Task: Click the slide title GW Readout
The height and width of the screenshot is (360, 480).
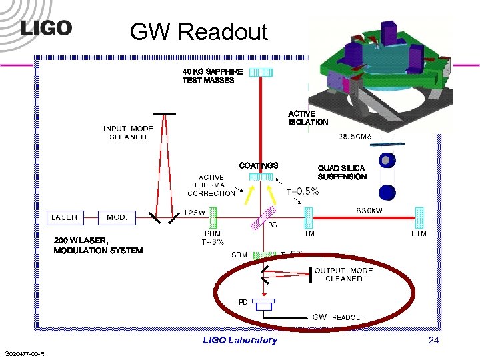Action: click(199, 31)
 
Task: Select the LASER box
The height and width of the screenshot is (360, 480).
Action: click(65, 217)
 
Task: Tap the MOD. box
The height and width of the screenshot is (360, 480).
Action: click(117, 217)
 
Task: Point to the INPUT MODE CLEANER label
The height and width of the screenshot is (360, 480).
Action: click(128, 133)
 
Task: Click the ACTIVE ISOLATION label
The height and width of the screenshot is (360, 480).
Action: click(308, 118)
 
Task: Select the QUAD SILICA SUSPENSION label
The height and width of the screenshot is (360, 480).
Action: click(342, 173)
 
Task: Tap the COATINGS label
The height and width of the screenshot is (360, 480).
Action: click(259, 165)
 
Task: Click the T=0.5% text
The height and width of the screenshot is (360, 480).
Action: click(303, 191)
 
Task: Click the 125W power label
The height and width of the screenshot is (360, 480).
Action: click(194, 212)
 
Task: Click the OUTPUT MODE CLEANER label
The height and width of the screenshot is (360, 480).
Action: click(344, 274)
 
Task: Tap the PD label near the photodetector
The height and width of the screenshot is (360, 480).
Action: click(243, 302)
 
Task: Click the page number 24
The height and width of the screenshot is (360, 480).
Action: click(434, 340)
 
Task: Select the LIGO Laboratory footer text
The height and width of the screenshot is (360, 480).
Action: click(240, 340)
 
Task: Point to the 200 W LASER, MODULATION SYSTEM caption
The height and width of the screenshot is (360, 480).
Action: click(98, 245)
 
